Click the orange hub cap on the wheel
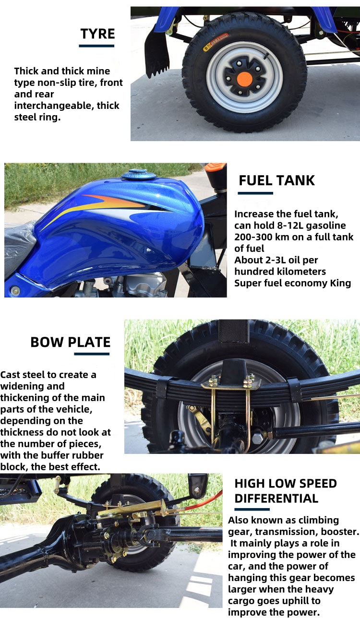point(244,78)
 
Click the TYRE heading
point(97,34)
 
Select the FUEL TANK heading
point(276,180)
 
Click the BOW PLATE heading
point(70,342)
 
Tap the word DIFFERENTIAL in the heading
point(276,499)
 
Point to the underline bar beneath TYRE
point(96,46)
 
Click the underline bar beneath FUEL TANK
point(255,193)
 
